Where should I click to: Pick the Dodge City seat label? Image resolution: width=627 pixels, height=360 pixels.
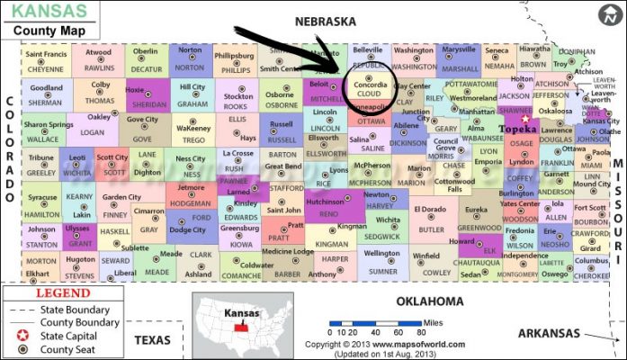[x=187, y=229]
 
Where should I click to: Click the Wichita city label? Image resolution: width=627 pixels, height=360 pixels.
[x=389, y=219]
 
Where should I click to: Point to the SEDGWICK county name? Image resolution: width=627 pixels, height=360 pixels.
[x=383, y=236]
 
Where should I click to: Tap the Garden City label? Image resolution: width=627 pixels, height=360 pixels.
[x=121, y=197]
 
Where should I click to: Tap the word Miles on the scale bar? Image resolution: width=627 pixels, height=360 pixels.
[x=434, y=321]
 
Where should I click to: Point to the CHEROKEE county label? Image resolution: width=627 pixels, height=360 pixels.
[x=591, y=276]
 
